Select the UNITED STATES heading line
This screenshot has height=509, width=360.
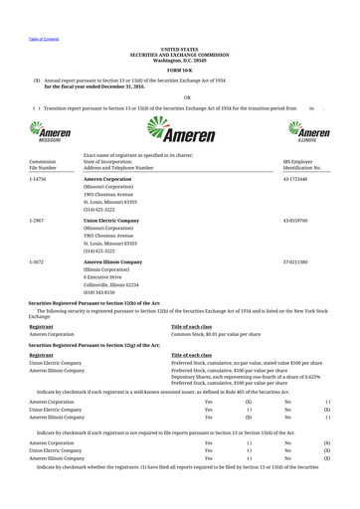[x=179, y=49]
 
